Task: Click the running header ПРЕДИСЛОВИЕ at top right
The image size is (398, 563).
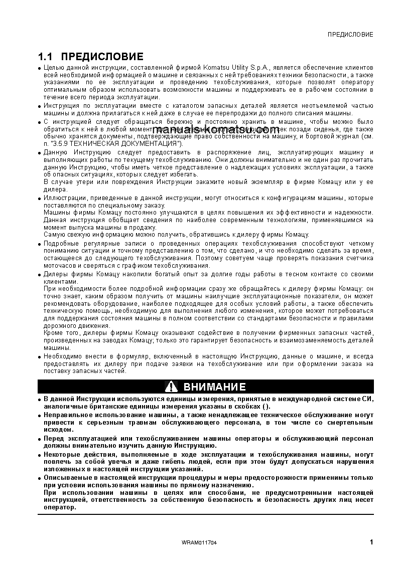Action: pos(350,35)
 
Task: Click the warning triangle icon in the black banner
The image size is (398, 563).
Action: pos(172,387)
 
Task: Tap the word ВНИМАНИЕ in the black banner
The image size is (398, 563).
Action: pos(214,387)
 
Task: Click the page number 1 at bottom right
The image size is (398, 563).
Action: pos(371,542)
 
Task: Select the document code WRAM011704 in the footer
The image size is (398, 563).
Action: pos(199,543)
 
